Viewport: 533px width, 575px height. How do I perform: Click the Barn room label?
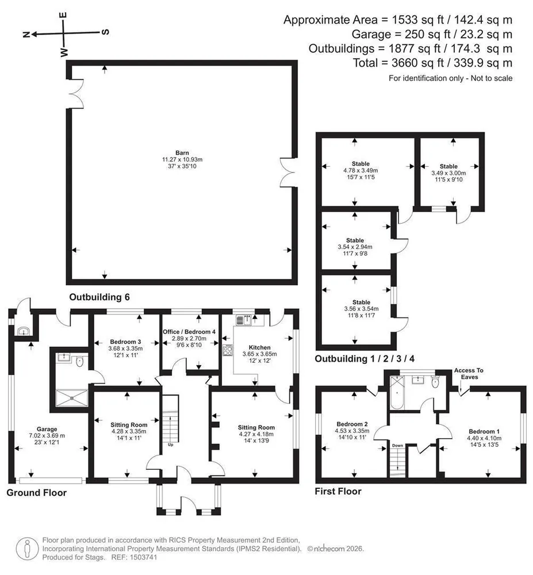coord(182,153)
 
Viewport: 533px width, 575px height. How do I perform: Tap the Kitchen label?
coord(259,347)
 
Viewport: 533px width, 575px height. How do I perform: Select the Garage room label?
coord(47,429)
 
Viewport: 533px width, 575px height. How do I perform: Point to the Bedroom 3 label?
coord(125,342)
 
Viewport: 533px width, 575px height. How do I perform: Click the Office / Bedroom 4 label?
coord(189,332)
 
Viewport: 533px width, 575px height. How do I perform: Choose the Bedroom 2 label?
coord(352,424)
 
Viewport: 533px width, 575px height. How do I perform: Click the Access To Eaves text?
coord(469,374)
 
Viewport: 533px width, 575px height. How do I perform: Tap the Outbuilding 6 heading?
coord(99,297)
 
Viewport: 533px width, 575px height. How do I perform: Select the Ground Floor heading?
coord(37,493)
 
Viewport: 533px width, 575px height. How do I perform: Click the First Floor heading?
coord(338,492)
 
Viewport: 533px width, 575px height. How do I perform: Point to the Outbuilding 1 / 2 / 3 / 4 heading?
coord(365,359)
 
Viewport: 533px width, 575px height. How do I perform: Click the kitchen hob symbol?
coord(228,351)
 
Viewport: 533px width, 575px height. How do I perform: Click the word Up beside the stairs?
coord(170,445)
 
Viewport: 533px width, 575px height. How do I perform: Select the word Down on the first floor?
coord(397,446)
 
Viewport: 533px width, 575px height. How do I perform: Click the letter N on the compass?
coord(26,35)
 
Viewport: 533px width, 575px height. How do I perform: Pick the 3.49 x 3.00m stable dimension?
coord(448,173)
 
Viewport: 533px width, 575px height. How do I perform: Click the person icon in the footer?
coord(27,549)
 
